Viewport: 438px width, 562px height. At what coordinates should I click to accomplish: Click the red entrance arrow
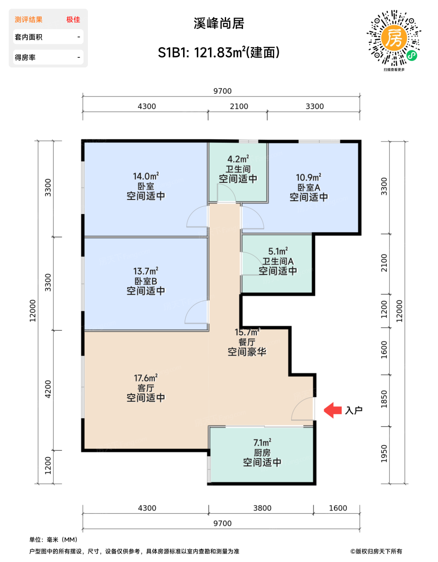point(332,410)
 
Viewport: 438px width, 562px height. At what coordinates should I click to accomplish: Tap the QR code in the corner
point(394,38)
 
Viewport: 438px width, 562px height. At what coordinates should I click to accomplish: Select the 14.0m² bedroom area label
point(146,176)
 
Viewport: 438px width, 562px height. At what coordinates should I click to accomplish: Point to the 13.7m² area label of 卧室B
point(146,271)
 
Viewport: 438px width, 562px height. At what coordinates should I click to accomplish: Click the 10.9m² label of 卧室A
point(308,177)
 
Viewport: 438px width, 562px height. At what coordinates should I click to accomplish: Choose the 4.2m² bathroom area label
point(238,159)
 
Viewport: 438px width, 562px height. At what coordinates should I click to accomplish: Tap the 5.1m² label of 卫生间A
point(278,251)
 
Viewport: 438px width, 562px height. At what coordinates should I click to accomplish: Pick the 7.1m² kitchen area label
point(262,442)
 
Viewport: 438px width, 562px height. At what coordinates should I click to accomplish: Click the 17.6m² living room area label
point(146,378)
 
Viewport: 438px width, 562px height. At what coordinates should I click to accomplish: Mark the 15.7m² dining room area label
point(247,332)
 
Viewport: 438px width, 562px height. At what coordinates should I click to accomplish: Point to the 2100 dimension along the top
point(239,106)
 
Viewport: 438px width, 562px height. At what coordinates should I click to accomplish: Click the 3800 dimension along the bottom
point(262,508)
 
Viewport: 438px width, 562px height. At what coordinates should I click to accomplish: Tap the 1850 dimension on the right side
point(384,399)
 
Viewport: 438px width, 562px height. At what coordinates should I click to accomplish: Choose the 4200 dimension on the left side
point(48,389)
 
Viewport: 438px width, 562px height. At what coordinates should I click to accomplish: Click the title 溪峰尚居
point(219,24)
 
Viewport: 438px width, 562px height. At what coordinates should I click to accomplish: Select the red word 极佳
point(73,20)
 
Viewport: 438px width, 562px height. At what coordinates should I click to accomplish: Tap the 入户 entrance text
point(353,410)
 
